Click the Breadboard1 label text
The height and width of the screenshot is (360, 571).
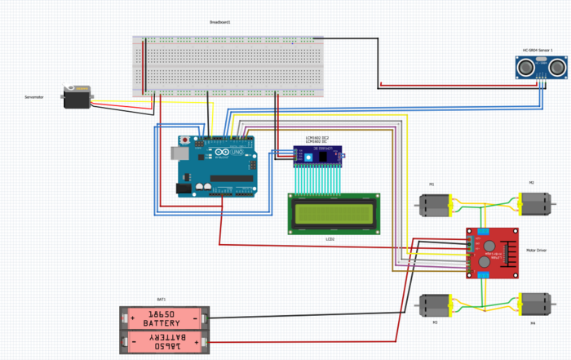(220, 23)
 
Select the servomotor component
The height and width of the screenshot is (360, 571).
(78, 97)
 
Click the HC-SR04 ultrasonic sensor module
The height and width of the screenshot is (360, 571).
(540, 66)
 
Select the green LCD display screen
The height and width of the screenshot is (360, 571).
(334, 214)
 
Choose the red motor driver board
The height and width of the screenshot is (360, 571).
(493, 253)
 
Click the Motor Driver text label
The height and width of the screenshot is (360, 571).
(536, 250)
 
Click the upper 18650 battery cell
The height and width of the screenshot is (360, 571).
(166, 318)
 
